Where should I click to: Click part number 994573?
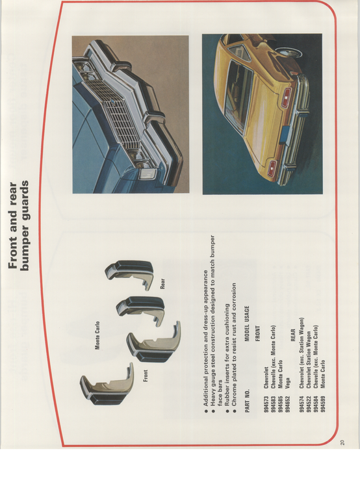(266, 404)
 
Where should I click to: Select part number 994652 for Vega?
(288, 404)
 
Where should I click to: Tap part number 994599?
(323, 404)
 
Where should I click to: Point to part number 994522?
(309, 404)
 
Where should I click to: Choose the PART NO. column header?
(248, 401)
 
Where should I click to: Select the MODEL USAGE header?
(247, 324)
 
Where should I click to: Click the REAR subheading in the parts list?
(293, 335)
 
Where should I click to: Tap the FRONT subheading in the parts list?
(257, 333)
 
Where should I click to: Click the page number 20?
(342, 442)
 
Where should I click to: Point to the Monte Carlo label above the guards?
(97, 335)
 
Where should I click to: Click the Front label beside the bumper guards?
(146, 376)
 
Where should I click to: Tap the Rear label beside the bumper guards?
(162, 283)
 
